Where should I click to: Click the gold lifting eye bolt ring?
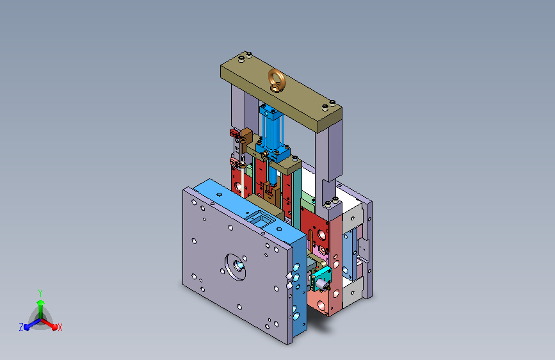click(x=277, y=75)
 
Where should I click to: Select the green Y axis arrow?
click(x=40, y=307)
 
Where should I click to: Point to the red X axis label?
click(x=60, y=327)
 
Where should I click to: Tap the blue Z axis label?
click(x=21, y=327)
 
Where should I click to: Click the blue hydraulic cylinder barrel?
click(x=271, y=131)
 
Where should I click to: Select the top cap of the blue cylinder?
click(x=271, y=110)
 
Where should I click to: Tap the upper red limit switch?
click(x=235, y=133)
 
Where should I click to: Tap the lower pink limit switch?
click(x=234, y=162)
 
